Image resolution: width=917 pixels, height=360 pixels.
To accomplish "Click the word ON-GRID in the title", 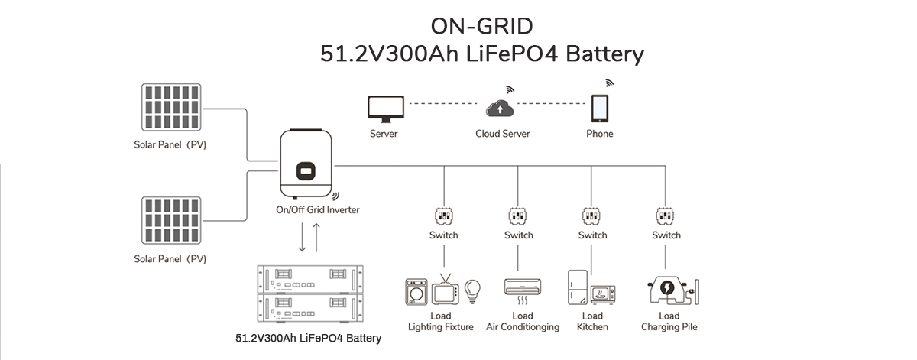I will pos(481,26).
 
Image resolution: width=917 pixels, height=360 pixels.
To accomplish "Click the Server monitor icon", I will pos(384,109).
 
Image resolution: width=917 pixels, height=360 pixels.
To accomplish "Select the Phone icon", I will pos(599,109).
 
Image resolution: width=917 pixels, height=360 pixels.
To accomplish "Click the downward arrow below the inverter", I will pos(303,238).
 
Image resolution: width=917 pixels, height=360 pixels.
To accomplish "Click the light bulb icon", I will pos(474,290).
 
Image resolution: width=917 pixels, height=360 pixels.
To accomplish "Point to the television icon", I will pos(446,291).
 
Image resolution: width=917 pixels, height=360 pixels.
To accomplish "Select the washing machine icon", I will pos(416,293).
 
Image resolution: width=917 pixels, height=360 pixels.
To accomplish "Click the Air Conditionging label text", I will pos(523,327).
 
